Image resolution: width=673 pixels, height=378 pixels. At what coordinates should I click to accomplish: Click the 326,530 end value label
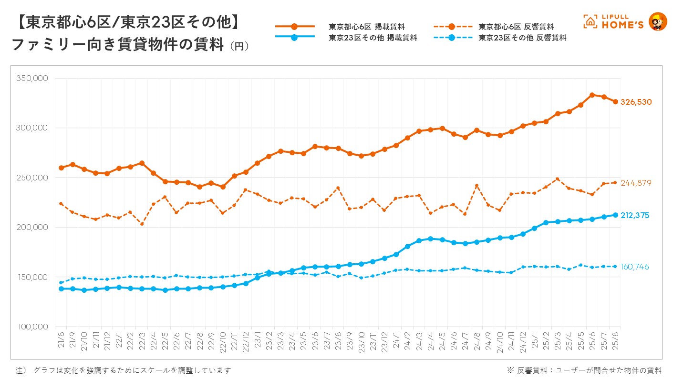coord(636,102)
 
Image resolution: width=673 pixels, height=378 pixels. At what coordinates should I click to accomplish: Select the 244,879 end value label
coord(636,183)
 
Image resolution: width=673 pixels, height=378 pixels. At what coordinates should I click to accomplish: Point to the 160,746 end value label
coord(635,267)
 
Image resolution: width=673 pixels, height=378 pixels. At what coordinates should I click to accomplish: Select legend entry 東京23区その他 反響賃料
coord(522,38)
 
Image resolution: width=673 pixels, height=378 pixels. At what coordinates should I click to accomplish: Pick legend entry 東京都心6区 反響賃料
coord(516,27)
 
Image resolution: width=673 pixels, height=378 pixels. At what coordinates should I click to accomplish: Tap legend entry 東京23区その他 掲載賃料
coord(373,38)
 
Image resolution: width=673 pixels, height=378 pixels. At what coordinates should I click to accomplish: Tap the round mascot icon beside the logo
coord(658,21)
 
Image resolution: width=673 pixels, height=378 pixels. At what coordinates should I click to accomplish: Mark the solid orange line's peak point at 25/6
coord(592,95)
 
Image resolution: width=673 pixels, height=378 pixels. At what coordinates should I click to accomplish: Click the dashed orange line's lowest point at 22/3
coord(142,224)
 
